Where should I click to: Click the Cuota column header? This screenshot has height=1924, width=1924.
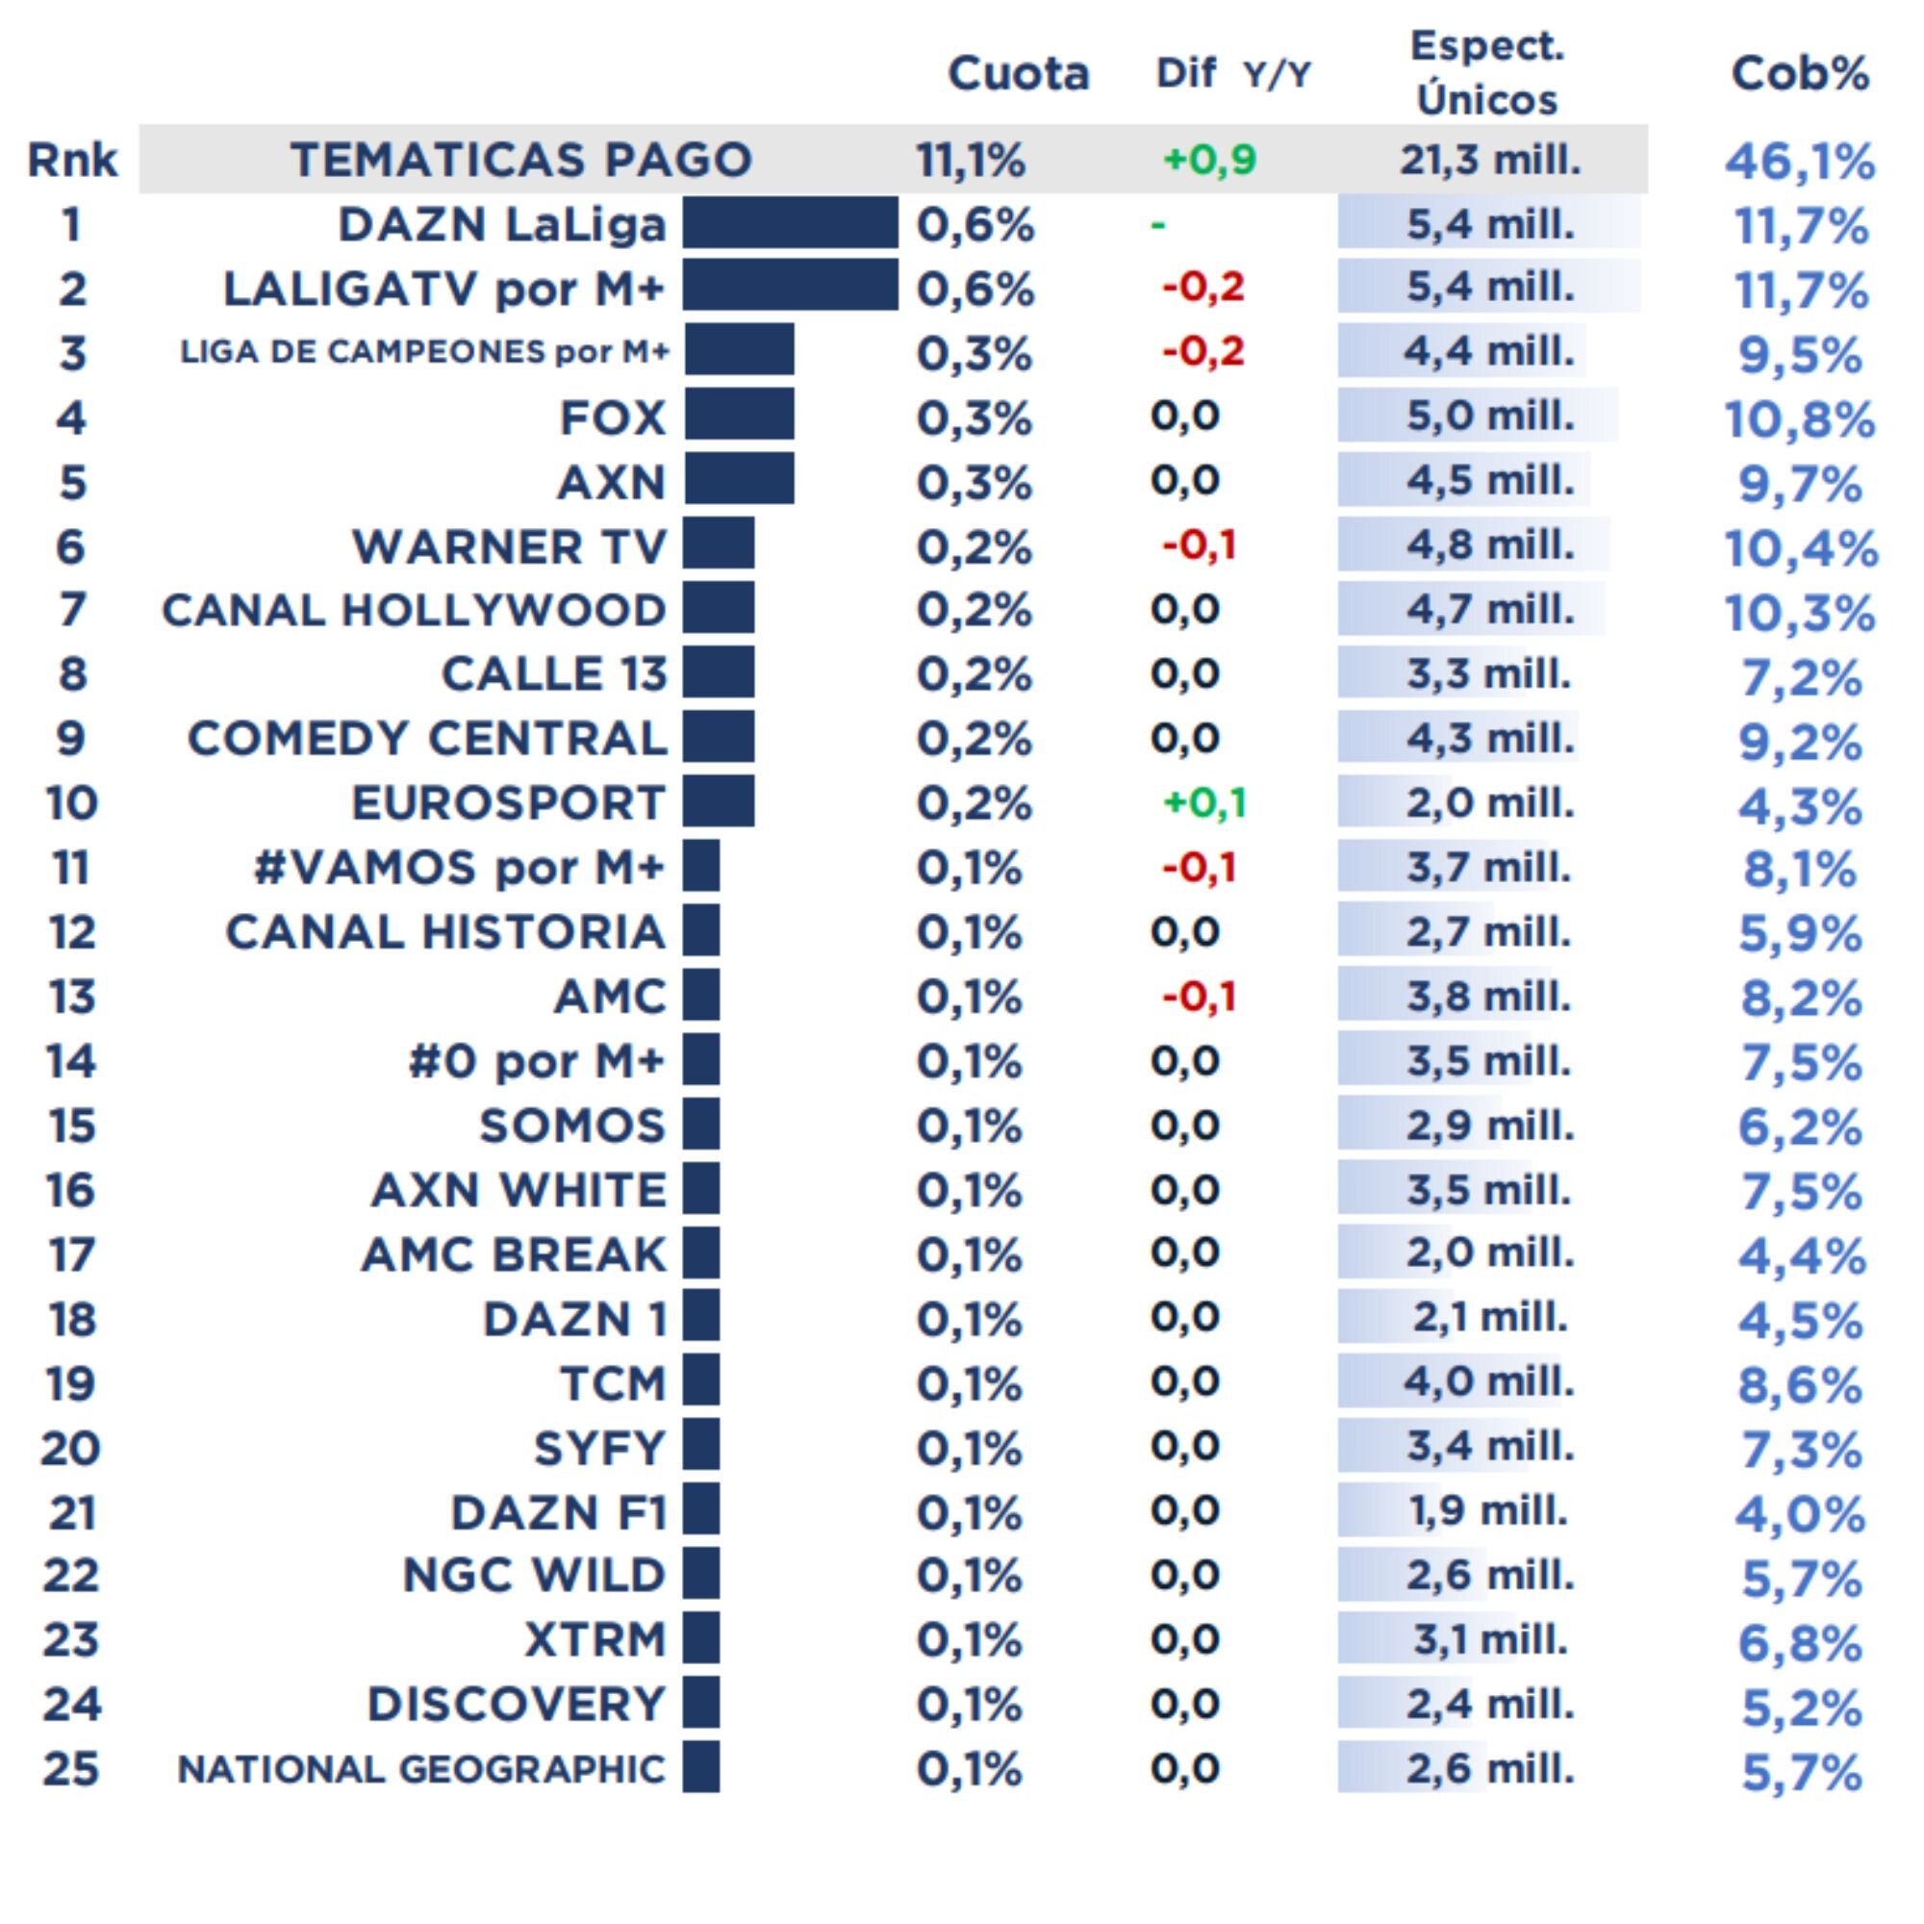click(x=1018, y=74)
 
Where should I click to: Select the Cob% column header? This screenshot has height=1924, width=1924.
click(x=1800, y=74)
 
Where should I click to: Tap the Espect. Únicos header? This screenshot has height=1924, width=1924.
click(x=1487, y=74)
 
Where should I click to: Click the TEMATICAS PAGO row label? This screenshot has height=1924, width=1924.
click(x=520, y=161)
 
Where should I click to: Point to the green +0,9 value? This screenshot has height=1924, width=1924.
click(x=1209, y=160)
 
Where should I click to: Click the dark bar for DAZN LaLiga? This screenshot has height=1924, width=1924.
click(x=790, y=223)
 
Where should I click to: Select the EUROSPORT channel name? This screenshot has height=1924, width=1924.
click(x=508, y=803)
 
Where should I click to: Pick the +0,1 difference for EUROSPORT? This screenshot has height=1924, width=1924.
click(x=1204, y=802)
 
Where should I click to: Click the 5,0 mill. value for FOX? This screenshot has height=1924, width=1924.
click(x=1490, y=417)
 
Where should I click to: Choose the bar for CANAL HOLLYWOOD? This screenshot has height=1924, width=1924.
click(x=718, y=610)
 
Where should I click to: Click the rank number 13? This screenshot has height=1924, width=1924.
click(x=72, y=997)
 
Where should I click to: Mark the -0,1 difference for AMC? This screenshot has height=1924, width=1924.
click(x=1199, y=996)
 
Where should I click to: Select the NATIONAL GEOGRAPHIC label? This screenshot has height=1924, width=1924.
click(x=421, y=1770)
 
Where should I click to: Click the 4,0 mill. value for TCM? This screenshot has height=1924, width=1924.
click(x=1489, y=1382)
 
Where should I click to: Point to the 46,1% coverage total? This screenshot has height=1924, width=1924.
click(x=1800, y=162)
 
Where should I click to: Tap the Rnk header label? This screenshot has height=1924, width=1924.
click(x=72, y=161)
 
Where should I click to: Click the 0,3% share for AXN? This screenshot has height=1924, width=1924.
click(x=973, y=483)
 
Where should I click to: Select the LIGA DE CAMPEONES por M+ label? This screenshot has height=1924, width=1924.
click(x=424, y=351)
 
